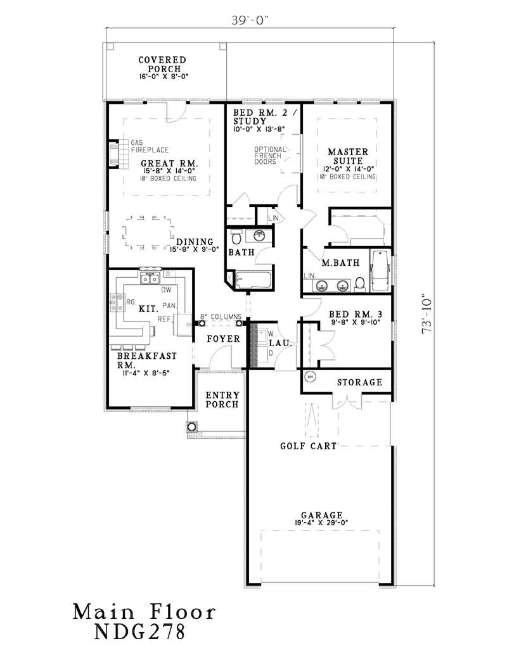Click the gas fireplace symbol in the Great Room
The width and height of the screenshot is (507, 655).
(x=115, y=154)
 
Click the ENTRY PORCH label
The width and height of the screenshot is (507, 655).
(x=222, y=399)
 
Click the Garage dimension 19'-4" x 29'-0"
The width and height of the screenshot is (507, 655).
(x=322, y=523)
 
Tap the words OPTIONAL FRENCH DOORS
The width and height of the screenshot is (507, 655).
(x=269, y=155)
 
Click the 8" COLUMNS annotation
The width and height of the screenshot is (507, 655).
(x=221, y=316)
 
